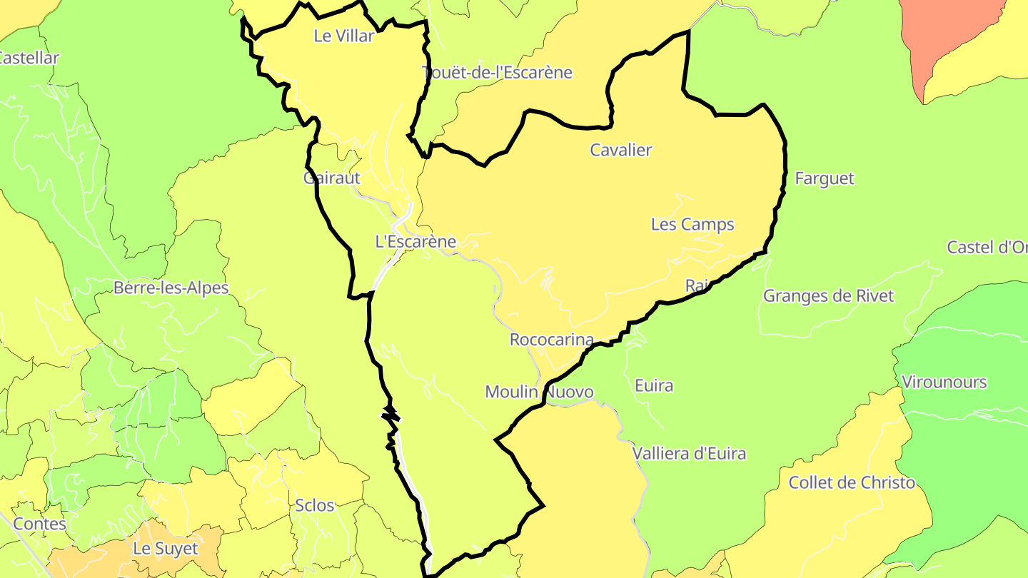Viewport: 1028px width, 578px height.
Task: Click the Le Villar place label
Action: pyautogui.click(x=343, y=36)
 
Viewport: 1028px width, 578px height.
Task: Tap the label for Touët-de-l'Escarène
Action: pyautogui.click(x=497, y=72)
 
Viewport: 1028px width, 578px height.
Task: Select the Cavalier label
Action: pyautogui.click(x=621, y=150)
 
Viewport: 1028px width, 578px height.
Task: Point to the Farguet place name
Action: pyautogui.click(x=825, y=178)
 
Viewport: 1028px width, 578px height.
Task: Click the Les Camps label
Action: pyautogui.click(x=692, y=224)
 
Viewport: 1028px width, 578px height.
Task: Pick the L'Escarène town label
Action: pyautogui.click(x=415, y=241)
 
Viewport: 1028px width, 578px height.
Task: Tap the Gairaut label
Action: pyautogui.click(x=332, y=178)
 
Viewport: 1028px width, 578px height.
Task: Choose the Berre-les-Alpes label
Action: pyautogui.click(x=171, y=288)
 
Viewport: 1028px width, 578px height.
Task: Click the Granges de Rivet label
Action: pyautogui.click(x=828, y=295)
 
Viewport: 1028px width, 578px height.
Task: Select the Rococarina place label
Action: pyautogui.click(x=552, y=340)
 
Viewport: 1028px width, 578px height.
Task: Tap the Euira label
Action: pyautogui.click(x=654, y=385)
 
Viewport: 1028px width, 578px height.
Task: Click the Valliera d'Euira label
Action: pyautogui.click(x=689, y=453)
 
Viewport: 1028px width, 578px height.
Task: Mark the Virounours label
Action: pyautogui.click(x=944, y=382)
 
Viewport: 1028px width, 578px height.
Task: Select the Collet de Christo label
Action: pyautogui.click(x=852, y=482)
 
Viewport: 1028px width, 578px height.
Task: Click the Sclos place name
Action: pyautogui.click(x=315, y=505)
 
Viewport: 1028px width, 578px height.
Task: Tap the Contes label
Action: pyautogui.click(x=40, y=524)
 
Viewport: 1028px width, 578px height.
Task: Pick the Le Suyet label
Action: pyautogui.click(x=166, y=549)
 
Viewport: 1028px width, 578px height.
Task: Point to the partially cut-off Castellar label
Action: pyautogui.click(x=29, y=58)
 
